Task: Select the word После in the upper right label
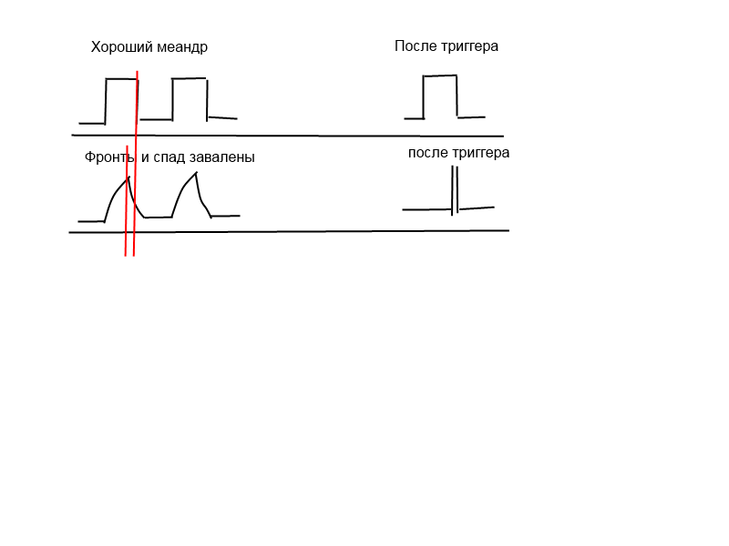coord(416,45)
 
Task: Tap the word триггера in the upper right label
coord(469,46)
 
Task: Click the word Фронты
coord(110,157)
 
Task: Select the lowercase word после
coord(427,153)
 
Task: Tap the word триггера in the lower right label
coord(480,153)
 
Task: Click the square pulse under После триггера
coord(440,96)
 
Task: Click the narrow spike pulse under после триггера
coord(455,189)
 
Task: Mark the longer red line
coord(136,164)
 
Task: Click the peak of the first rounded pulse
coord(128,177)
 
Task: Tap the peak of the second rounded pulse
coord(195,173)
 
